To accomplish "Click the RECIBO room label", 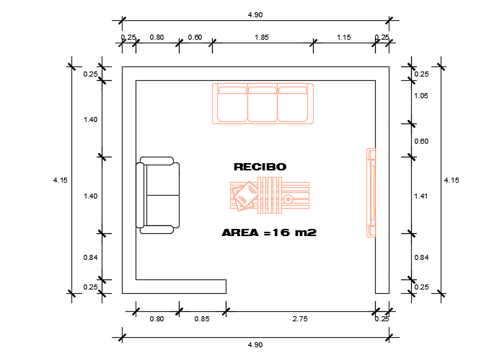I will coord(260,167).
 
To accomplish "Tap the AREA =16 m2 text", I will coord(269,233).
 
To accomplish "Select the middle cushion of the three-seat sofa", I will coord(263,105).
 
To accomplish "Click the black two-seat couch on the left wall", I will coord(158,195).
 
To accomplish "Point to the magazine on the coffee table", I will coord(245,196).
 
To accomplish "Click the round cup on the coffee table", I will coord(288,199).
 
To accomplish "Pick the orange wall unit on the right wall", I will coord(371,193).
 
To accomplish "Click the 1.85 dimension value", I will coord(262,37).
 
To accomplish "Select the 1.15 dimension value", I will coord(343,37).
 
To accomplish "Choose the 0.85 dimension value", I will coord(202,318).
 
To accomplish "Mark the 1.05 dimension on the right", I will coord(421,96).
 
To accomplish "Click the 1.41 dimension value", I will coord(421,196).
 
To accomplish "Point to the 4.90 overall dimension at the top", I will coord(255,14).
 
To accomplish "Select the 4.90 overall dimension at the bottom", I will coord(255,345).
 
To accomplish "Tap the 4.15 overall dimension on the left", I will coord(60,180).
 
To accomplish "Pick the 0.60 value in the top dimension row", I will coord(195,37).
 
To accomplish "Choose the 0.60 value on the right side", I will coord(421,142).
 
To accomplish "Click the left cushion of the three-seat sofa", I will coord(232,105).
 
